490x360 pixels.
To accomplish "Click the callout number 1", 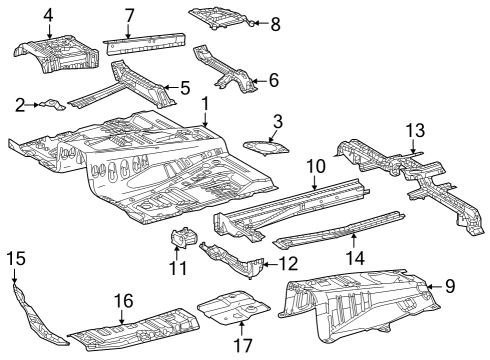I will tap(205, 104).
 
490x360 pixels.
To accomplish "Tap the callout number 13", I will tap(415, 130).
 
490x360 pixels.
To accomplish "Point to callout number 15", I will tap(14, 260).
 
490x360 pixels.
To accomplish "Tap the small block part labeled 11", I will tap(183, 240).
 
